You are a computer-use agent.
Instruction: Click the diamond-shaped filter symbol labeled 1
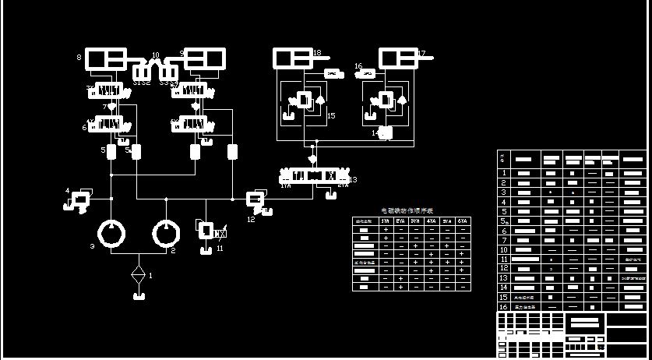(139, 276)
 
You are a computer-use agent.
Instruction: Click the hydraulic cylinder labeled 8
(105, 58)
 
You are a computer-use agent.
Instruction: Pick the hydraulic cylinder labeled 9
(204, 58)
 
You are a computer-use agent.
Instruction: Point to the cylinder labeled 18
(292, 58)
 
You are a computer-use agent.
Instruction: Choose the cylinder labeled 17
(398, 58)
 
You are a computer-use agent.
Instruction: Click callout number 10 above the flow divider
(156, 56)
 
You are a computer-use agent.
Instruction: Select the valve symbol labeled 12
(256, 199)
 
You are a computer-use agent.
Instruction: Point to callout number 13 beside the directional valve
(353, 179)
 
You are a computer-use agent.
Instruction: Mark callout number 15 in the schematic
(331, 115)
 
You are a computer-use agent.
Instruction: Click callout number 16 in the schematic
(358, 66)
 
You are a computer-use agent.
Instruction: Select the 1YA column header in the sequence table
(385, 221)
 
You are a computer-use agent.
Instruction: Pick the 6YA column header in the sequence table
(463, 221)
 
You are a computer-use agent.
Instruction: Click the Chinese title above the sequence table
(406, 211)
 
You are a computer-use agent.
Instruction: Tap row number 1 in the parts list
(504, 173)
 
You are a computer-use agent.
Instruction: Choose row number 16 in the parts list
(504, 307)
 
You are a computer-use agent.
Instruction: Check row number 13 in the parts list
(504, 278)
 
